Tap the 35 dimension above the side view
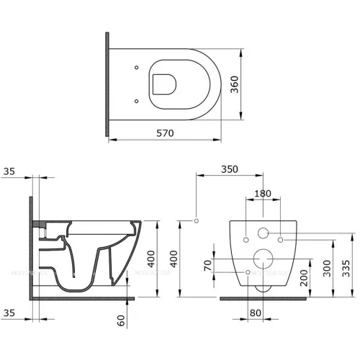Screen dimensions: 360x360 click(9, 171)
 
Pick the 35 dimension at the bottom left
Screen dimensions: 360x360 click(9, 313)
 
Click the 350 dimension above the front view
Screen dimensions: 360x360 click(229, 170)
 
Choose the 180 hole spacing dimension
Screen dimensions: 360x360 click(264, 193)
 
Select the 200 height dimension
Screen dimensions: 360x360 click(305, 276)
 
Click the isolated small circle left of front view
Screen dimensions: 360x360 click(196, 219)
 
